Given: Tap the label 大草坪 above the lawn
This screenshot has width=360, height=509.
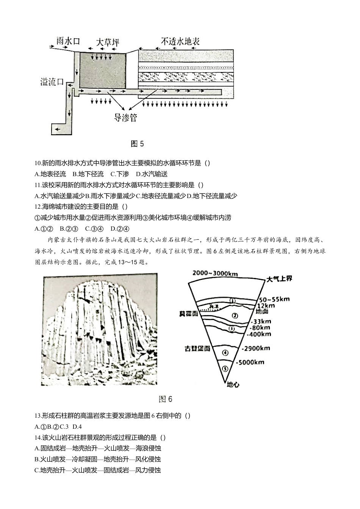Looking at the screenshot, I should (x=107, y=42).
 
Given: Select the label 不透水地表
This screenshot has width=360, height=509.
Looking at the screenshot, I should (x=180, y=41).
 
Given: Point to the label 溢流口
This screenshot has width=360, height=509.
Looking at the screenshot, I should (x=52, y=82).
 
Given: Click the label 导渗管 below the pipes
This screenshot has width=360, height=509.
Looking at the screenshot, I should (x=125, y=118).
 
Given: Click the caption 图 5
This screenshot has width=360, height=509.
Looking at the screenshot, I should (x=137, y=144).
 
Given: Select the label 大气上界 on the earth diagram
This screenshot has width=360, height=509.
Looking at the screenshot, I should (x=279, y=279).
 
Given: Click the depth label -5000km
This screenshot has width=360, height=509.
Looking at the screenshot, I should (x=250, y=362).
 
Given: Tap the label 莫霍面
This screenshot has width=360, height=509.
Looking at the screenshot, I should (x=189, y=314).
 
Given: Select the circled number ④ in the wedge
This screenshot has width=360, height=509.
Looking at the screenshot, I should (x=225, y=353).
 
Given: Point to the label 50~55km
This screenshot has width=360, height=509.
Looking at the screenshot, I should (x=275, y=299).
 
